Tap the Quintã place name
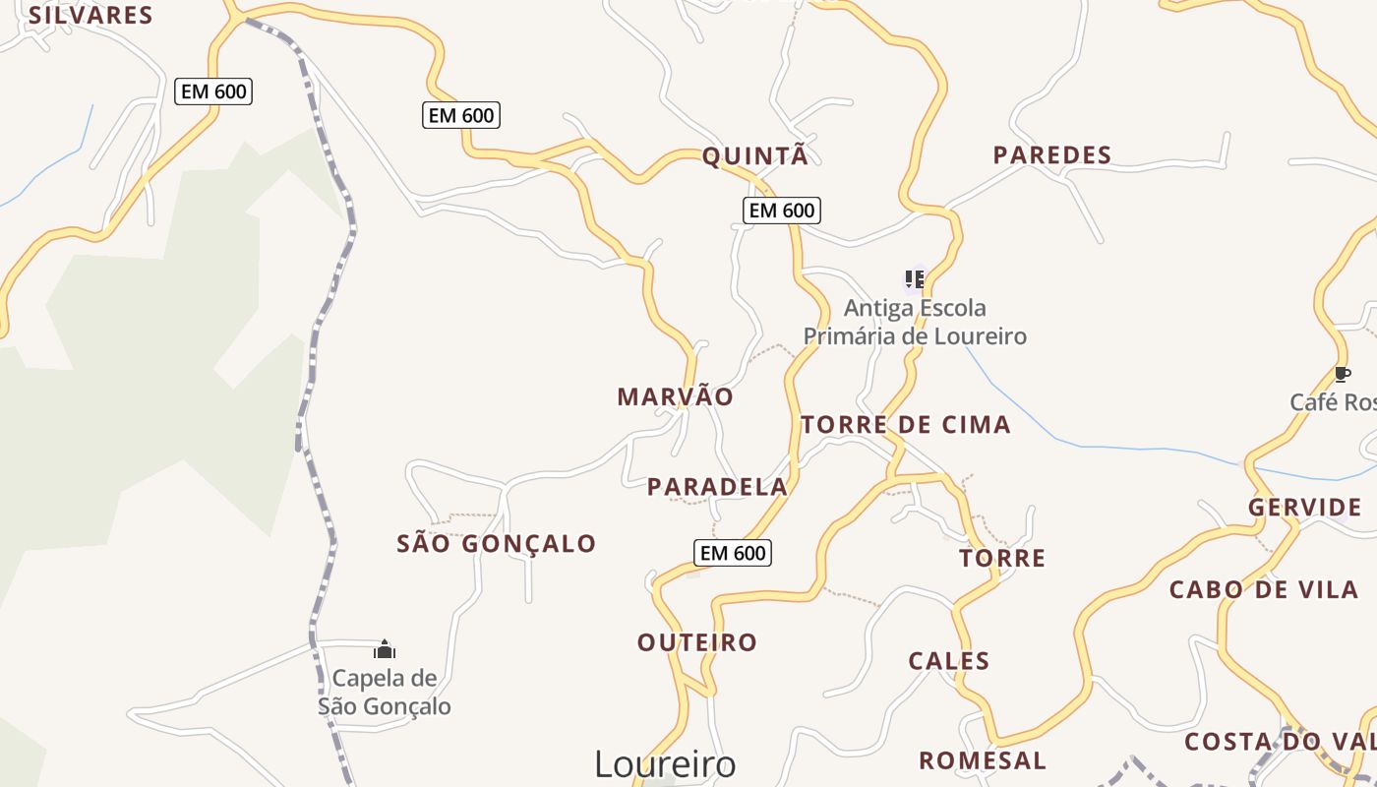pos(754,155)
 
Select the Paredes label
pos(1051,154)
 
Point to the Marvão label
pos(675,396)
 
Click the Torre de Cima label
pos(905,424)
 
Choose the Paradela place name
pos(717,486)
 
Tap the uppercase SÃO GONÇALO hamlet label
pos(496,543)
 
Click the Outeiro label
pos(697,642)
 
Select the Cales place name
pos(948,660)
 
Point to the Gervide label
pos(1304,508)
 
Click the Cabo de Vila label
pos(1263,589)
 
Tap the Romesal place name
pos(982,759)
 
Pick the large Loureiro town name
pos(665,764)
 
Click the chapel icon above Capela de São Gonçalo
pos(385,649)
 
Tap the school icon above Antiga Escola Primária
pos(915,279)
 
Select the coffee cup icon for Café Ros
pos(1342,374)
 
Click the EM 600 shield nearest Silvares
pos(214,92)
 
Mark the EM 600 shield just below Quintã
pos(782,210)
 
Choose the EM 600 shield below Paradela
pos(733,553)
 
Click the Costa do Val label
pos(1279,741)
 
